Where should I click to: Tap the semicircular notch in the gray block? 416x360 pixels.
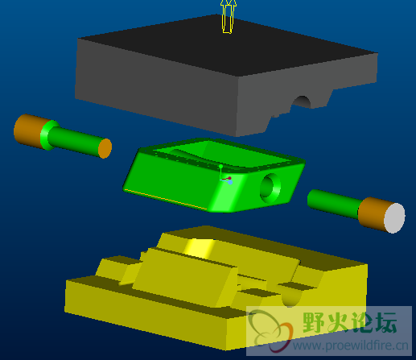(303, 102)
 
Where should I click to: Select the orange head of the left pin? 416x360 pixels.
(28, 130)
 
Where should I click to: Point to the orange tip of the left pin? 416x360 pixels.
(105, 148)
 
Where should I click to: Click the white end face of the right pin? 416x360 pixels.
(394, 218)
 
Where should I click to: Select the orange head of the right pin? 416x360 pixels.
(373, 213)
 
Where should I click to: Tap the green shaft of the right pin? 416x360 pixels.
(332, 203)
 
